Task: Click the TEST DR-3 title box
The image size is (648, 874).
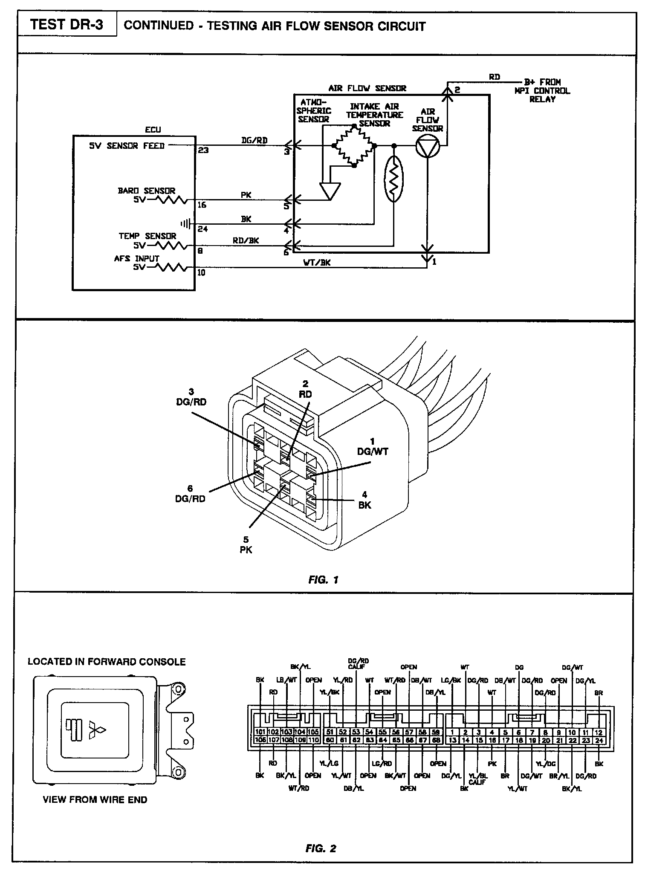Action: (x=67, y=25)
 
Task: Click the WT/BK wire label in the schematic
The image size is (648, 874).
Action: (x=317, y=263)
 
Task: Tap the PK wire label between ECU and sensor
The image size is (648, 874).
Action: (x=246, y=195)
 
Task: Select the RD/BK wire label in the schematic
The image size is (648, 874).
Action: (x=246, y=240)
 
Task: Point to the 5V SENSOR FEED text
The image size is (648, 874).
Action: (x=127, y=146)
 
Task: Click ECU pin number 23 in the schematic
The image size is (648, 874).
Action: (x=203, y=150)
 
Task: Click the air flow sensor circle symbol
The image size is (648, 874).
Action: (x=428, y=146)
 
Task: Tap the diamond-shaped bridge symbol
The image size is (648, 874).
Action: (x=354, y=146)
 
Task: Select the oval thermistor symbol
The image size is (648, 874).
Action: (x=393, y=178)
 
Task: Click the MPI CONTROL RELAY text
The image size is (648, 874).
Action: (x=542, y=91)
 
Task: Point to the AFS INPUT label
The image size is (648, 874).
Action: (x=136, y=258)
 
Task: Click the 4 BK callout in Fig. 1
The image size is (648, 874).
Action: (x=364, y=500)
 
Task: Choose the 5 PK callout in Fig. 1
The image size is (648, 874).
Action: (x=246, y=545)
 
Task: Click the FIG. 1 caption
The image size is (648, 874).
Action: (x=324, y=579)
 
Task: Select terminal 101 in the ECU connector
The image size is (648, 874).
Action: (x=260, y=732)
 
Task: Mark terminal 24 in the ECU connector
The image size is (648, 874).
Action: (x=599, y=740)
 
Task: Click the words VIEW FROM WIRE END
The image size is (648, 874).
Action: (x=95, y=800)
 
